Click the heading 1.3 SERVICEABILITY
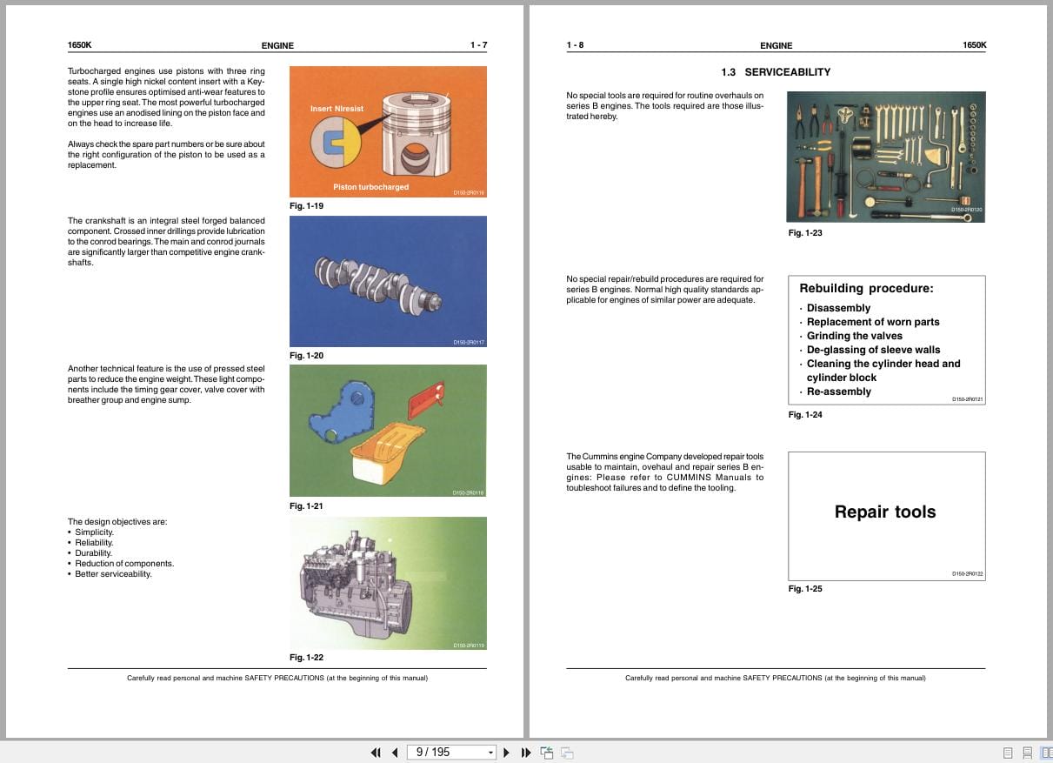coord(776,72)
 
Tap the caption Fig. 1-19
coord(306,206)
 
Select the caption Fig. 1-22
coord(306,658)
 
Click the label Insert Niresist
coord(337,109)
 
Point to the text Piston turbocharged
coord(370,187)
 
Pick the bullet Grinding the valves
coord(854,336)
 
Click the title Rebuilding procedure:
coord(866,289)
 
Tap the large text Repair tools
coord(885,512)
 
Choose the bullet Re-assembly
coord(838,392)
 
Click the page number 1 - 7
coord(478,45)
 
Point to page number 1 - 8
coord(575,45)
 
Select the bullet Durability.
coord(93,553)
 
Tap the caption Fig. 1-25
coord(804,589)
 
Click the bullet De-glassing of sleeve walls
coord(873,350)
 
